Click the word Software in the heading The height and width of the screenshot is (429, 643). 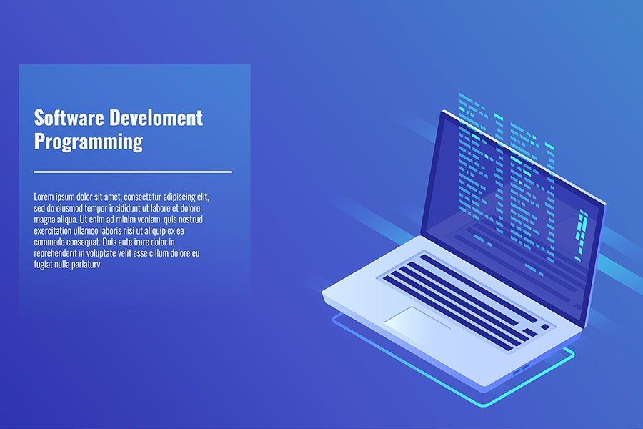click(x=69, y=118)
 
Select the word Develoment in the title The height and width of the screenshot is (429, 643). click(x=156, y=118)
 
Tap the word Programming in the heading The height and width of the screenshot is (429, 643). click(x=89, y=142)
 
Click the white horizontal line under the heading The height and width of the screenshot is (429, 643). click(x=133, y=172)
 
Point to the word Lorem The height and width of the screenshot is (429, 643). click(x=44, y=197)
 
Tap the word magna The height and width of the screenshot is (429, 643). click(x=45, y=220)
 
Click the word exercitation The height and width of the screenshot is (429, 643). click(x=56, y=231)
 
